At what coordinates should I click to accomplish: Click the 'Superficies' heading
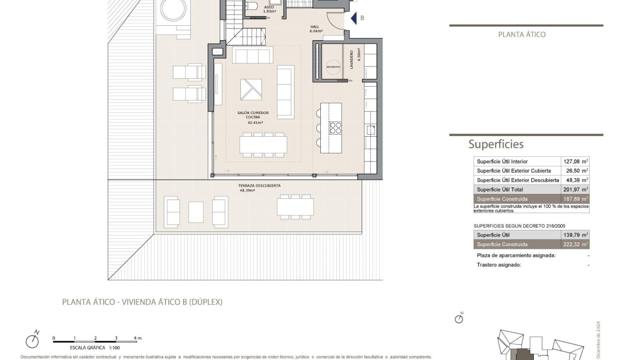coord(496,144)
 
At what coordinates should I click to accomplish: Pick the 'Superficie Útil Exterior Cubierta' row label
coord(513,171)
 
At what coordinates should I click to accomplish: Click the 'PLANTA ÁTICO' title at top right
coord(522,35)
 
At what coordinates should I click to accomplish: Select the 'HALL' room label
coord(315,28)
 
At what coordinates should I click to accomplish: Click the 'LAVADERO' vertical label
coord(352,60)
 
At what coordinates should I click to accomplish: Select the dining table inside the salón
coord(263,145)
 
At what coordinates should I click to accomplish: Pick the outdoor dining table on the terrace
coord(295,207)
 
